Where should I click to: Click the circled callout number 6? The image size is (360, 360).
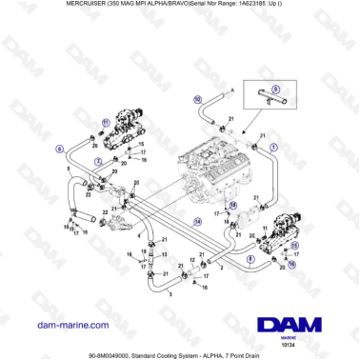(x=59, y=149)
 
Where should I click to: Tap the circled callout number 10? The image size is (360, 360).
(x=197, y=99)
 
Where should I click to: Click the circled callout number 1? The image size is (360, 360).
(x=274, y=147)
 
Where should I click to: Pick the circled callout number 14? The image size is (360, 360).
(x=197, y=220)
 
